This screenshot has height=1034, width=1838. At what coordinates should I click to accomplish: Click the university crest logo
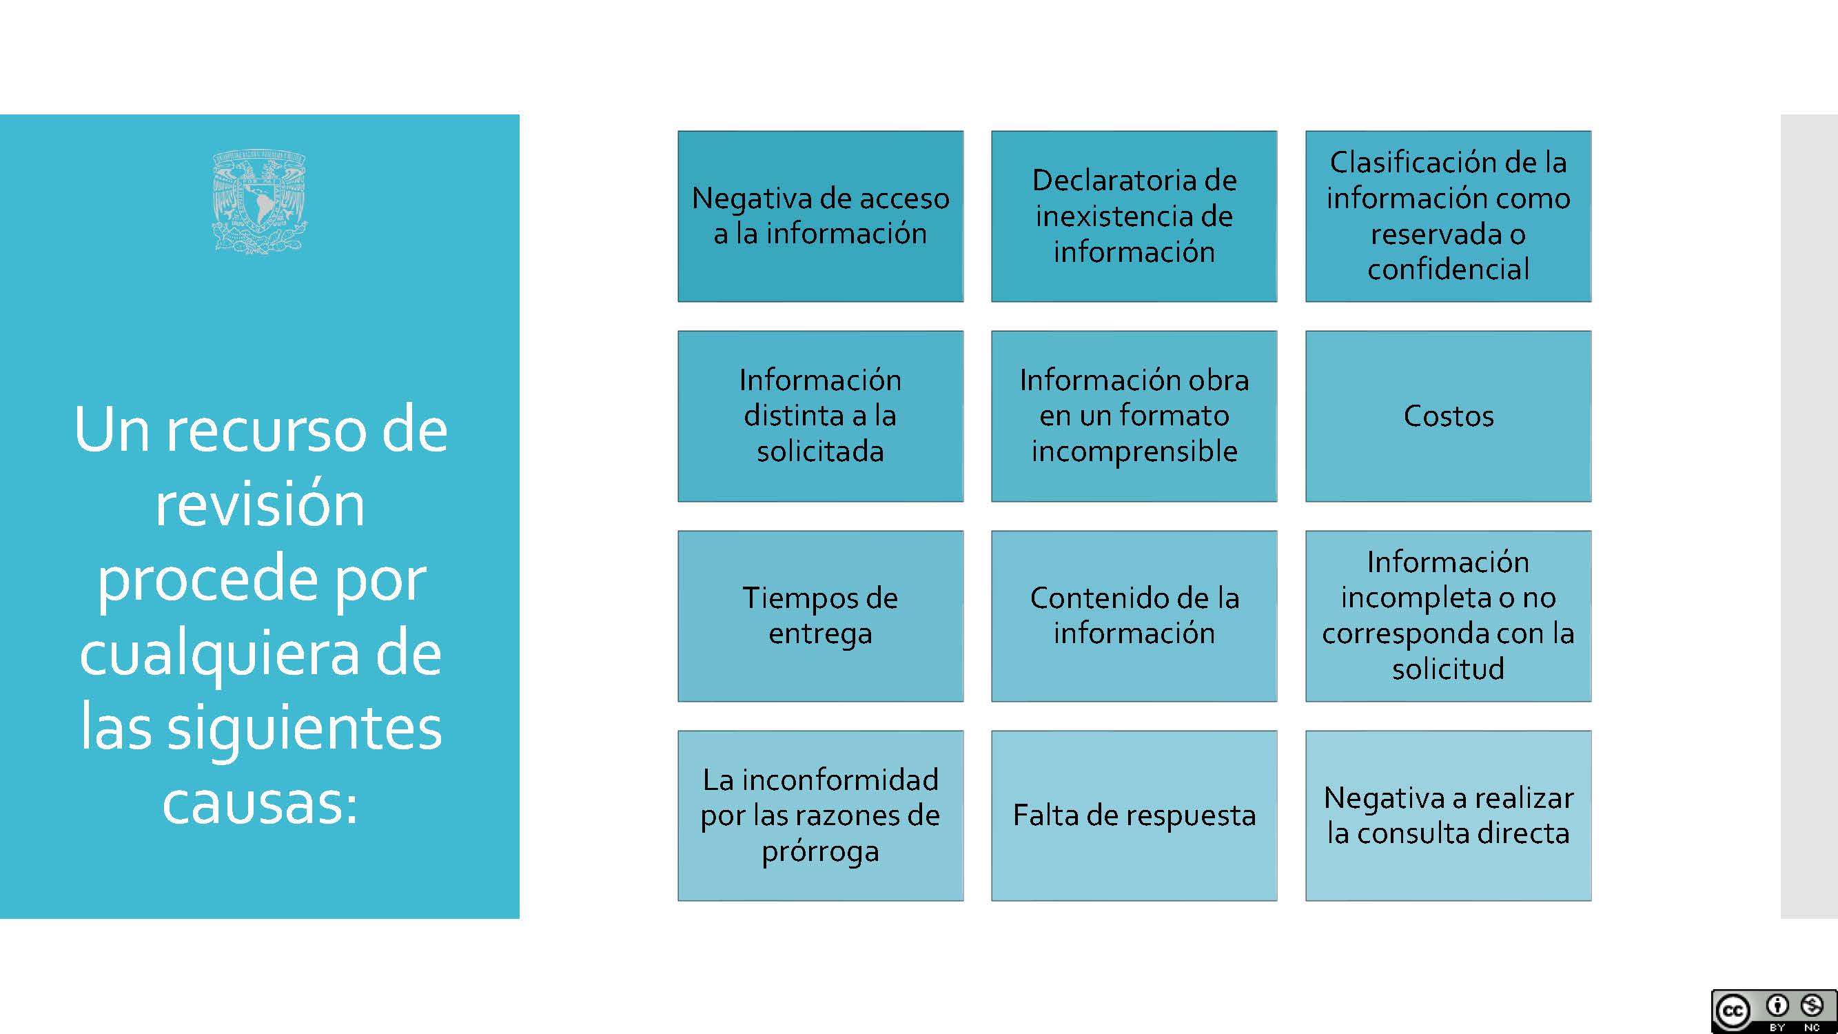point(260,201)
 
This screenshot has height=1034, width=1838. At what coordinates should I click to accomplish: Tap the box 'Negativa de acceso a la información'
point(821,216)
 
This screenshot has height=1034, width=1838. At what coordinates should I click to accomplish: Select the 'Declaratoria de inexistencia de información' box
point(1134,216)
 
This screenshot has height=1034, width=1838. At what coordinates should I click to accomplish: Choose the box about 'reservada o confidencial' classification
point(1449,216)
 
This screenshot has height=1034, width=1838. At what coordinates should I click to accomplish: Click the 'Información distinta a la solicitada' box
point(821,416)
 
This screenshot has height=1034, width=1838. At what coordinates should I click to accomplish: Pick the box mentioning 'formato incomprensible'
point(1134,416)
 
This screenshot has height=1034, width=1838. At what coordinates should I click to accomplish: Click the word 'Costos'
point(1449,416)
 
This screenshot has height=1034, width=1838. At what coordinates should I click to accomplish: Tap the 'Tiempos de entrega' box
point(821,616)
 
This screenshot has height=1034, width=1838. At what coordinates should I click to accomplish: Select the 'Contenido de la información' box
point(1134,616)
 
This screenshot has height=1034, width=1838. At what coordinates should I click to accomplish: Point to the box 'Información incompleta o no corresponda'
point(1449,616)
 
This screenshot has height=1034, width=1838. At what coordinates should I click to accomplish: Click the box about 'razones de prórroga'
point(821,815)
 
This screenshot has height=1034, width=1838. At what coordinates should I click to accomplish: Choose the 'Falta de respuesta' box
point(1134,815)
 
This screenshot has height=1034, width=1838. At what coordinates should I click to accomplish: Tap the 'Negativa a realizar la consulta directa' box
point(1449,815)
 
